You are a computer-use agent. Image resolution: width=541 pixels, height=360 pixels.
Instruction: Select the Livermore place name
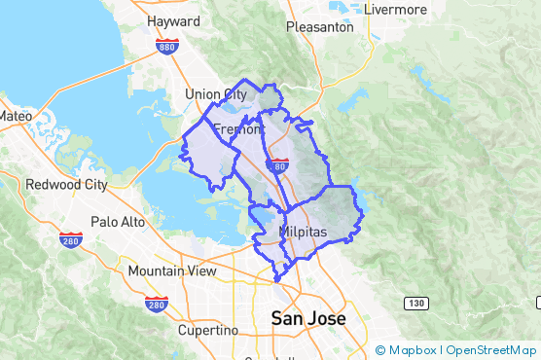(x=395, y=9)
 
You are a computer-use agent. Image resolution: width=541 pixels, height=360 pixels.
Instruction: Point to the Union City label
(x=216, y=94)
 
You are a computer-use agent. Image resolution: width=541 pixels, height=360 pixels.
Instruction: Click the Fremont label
(x=237, y=128)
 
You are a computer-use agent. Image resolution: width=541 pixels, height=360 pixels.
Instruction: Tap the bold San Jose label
(x=307, y=318)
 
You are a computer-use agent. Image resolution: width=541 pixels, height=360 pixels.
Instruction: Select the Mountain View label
(x=172, y=270)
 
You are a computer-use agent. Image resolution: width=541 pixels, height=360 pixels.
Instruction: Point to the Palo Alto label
(x=118, y=222)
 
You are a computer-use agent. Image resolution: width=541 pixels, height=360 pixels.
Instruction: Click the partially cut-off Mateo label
(x=16, y=116)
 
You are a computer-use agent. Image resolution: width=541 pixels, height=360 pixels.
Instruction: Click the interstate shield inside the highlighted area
(x=279, y=166)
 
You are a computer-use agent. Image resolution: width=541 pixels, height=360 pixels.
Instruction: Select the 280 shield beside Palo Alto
(x=69, y=240)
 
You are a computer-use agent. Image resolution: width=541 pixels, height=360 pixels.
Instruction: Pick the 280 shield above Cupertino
(x=156, y=305)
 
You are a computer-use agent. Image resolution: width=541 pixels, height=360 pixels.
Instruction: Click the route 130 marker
(x=416, y=305)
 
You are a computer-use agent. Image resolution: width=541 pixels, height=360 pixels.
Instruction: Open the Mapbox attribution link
(x=410, y=350)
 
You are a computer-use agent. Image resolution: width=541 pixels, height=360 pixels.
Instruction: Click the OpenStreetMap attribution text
(x=491, y=350)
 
